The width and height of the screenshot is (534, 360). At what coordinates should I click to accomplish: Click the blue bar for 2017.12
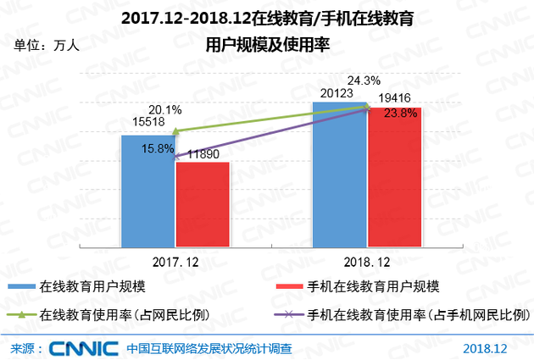pos(147,191)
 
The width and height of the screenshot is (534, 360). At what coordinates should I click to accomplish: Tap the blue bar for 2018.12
pos(339,174)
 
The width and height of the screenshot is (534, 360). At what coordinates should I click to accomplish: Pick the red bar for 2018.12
pos(394,178)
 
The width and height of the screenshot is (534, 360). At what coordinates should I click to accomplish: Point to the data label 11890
pos(206,153)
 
